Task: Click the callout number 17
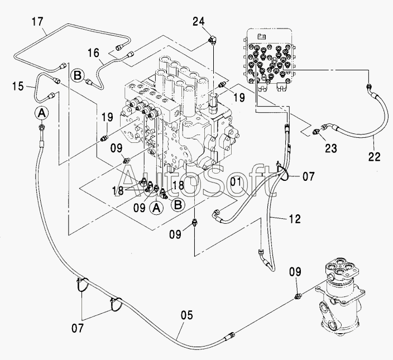pos(37,22)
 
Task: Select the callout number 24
pos(199,22)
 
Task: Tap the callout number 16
pos(93,53)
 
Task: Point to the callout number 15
pos(18,86)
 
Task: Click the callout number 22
pos(374,157)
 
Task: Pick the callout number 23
pos(331,148)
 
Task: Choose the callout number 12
pos(295,219)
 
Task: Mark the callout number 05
pos(187,315)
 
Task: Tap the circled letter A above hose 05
pos(41,113)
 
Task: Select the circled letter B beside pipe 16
pos(78,75)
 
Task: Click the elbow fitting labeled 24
pos(213,40)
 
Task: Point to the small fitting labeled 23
pos(316,132)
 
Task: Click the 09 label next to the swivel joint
pos(295,272)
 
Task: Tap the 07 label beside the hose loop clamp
pos(308,176)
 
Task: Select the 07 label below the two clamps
pos(78,328)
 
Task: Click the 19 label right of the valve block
pos(238,98)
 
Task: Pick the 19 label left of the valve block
pos(107,117)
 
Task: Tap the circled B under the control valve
pos(178,204)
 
